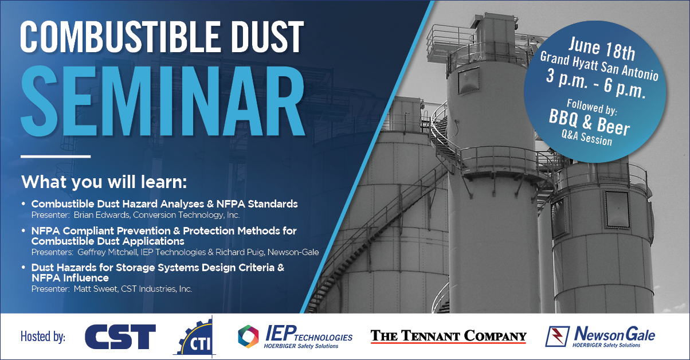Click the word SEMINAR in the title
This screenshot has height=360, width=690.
pyautogui.click(x=162, y=100)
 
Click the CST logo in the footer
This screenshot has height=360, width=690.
pyautogui.click(x=120, y=336)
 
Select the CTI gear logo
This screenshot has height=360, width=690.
pyautogui.click(x=194, y=337)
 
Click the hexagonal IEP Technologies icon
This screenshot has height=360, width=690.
pyautogui.click(x=248, y=336)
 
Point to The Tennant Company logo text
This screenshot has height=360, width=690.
pyautogui.click(x=449, y=336)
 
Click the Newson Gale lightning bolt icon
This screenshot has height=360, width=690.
pyautogui.click(x=558, y=336)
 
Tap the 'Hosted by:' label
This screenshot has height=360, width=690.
pyautogui.click(x=43, y=336)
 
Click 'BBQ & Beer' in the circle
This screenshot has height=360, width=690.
pyautogui.click(x=589, y=123)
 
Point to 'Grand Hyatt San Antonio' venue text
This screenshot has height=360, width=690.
pyautogui.click(x=599, y=66)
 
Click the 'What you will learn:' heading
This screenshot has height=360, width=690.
pyautogui.click(x=104, y=182)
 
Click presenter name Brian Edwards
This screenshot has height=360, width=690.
pyautogui.click(x=101, y=215)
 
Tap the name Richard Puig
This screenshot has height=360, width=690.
pyautogui.click(x=240, y=252)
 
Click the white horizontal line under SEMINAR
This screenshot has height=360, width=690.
pyautogui.click(x=56, y=156)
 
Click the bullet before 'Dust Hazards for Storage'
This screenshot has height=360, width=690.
pyautogui.click(x=23, y=268)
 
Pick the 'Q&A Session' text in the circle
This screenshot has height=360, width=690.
pyautogui.click(x=587, y=138)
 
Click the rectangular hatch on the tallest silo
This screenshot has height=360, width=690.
pyautogui.click(x=469, y=80)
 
